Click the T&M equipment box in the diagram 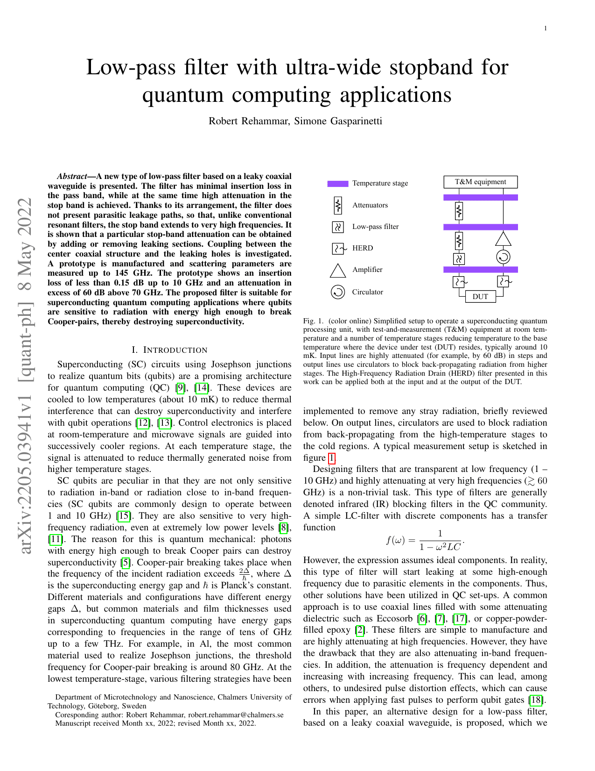click(x=480, y=182)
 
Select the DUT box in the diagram click(x=480, y=297)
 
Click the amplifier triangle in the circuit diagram click(x=503, y=239)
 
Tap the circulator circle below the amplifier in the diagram click(x=503, y=257)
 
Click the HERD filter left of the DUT click(x=459, y=282)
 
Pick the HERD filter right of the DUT click(x=503, y=282)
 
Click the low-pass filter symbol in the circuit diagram click(x=459, y=258)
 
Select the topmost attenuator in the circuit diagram click(x=459, y=211)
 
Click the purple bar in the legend click(x=337, y=184)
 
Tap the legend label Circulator click(x=367, y=292)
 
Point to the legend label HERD click(x=363, y=248)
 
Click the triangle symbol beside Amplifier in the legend click(x=337, y=271)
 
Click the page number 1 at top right click(x=545, y=29)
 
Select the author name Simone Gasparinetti click(x=338, y=121)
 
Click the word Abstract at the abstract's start click(x=72, y=176)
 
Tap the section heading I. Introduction click(x=169, y=350)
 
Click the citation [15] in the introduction click(x=123, y=516)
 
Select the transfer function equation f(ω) click(x=425, y=540)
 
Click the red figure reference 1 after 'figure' click(x=331, y=458)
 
